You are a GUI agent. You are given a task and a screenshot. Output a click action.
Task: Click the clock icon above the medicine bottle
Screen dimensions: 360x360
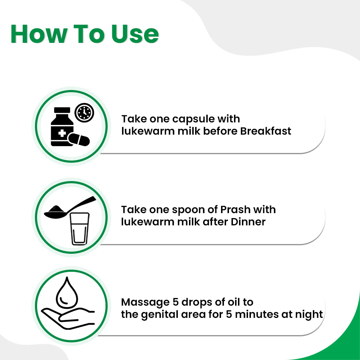coord(84,113)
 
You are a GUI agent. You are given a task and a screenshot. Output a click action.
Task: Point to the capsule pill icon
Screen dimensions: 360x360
coord(79,139)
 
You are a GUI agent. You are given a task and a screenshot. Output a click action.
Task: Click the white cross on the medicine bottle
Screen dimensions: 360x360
coord(62,134)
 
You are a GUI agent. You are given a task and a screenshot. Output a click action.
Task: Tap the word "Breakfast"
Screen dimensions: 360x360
coord(265,131)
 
